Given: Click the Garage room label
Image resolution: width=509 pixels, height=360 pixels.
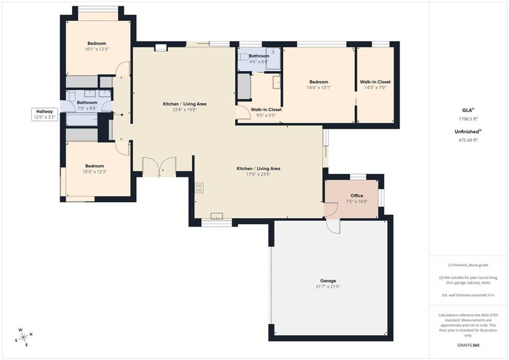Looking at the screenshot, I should tap(328, 280).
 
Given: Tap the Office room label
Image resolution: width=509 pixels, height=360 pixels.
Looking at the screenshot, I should tap(356, 195).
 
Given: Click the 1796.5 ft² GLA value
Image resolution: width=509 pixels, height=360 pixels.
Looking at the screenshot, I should tap(468, 119).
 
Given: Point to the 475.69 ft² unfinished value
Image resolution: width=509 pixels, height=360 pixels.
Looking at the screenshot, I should tap(468, 140).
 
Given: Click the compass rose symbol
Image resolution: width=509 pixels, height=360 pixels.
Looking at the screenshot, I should tap(23, 337).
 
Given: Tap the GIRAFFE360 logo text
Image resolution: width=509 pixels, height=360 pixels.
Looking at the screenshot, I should tap(468, 345).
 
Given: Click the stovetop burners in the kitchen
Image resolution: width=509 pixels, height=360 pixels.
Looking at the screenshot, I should tap(199, 187).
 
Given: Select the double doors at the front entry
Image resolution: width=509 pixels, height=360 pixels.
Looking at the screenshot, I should tap(159, 167).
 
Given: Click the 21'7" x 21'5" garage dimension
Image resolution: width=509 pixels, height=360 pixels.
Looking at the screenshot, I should tap(328, 287).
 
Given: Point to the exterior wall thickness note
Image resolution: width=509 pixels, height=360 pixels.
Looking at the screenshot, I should tap(468, 295).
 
